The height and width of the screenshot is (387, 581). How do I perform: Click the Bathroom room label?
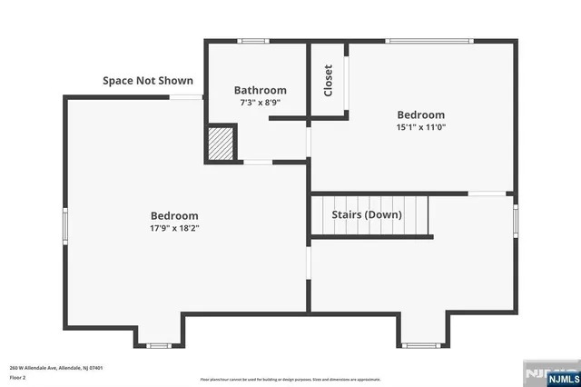click(x=260, y=90)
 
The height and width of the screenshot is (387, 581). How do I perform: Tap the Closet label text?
click(x=328, y=80)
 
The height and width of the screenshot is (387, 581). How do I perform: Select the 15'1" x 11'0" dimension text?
click(x=420, y=127)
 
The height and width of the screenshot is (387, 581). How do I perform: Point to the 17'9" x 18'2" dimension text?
click(x=174, y=228)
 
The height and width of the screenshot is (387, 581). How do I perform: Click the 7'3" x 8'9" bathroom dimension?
click(x=260, y=103)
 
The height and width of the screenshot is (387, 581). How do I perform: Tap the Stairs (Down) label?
click(x=369, y=214)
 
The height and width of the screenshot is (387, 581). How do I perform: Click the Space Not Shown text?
click(x=147, y=81)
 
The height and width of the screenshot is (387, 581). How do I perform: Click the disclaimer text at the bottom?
click(x=290, y=379)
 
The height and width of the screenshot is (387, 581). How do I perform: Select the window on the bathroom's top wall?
click(x=253, y=41)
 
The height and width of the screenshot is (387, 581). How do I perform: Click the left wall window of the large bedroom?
click(x=64, y=226)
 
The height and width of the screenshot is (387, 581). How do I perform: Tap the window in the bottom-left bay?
click(x=159, y=345)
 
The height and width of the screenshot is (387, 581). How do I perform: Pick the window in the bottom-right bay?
click(x=420, y=345)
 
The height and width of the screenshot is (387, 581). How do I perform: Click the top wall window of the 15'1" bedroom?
click(x=428, y=41)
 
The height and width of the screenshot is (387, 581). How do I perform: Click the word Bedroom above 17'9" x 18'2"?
click(x=174, y=215)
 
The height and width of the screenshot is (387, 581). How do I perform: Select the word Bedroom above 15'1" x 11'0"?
click(x=420, y=114)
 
